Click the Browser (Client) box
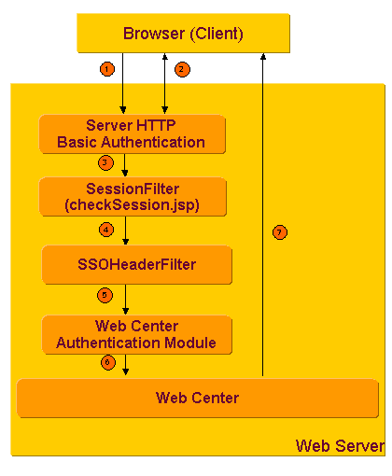coord(183,35)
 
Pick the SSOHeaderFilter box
coord(136,264)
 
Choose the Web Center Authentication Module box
coord(136,334)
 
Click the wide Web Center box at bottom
coord(197,398)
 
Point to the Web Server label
coord(339,445)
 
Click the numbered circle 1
coord(108,68)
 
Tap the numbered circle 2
coord(183,68)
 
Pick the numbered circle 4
coord(106,230)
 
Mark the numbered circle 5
coord(105,296)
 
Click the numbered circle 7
coord(279,231)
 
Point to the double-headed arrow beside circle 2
coord(166,84)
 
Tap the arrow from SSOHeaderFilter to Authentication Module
coord(126,299)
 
